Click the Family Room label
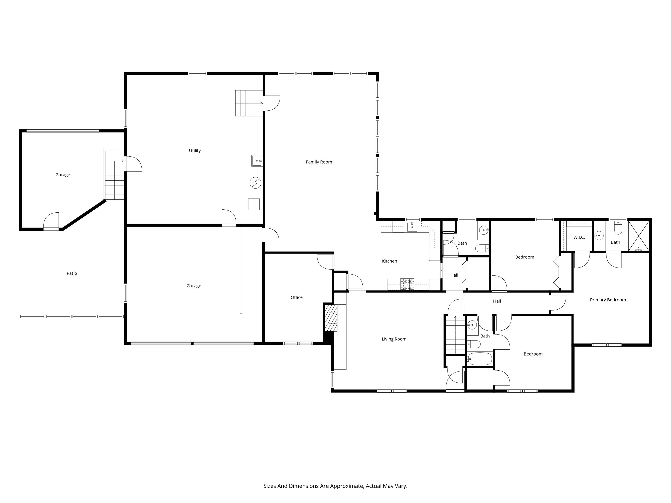tap(319, 162)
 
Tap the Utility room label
tap(195, 150)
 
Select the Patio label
tap(72, 273)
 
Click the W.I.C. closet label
tap(579, 237)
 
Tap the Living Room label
tap(394, 339)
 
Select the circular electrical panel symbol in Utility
tap(255, 183)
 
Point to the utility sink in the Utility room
tap(257, 161)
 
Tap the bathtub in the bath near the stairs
tap(479, 359)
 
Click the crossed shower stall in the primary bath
tap(639, 236)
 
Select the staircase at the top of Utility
tap(249, 103)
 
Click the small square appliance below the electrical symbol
tap(254, 204)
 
